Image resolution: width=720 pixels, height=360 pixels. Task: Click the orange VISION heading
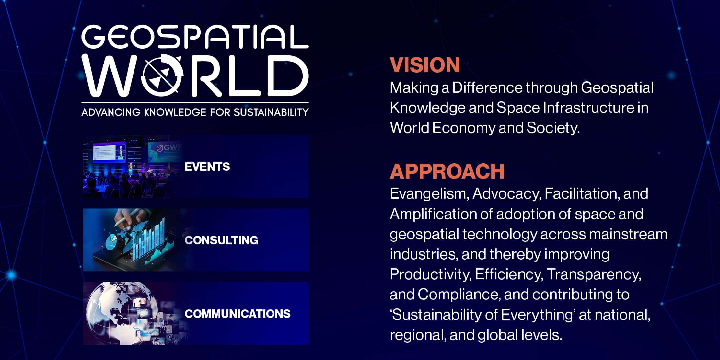coord(425,65)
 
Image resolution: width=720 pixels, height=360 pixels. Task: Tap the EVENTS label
coord(207,167)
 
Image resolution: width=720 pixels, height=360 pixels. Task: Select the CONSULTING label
coord(222,240)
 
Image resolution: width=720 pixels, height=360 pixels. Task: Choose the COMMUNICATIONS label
coord(238,314)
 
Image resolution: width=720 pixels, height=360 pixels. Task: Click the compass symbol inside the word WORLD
coord(162,76)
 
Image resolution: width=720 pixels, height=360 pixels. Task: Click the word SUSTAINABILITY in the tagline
coord(271,112)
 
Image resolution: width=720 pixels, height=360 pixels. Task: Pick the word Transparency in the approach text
coord(594,275)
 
